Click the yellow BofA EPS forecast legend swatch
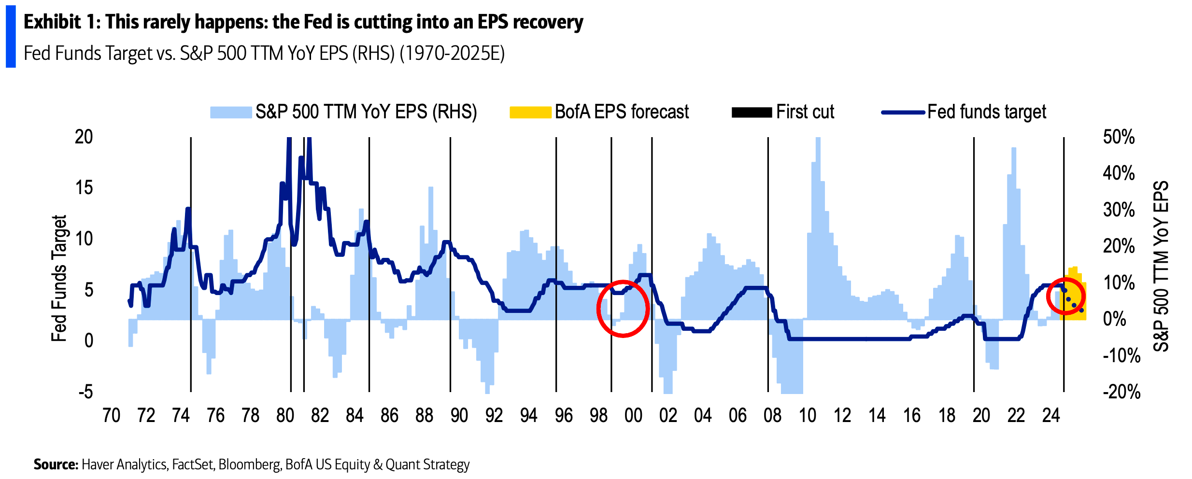[x=530, y=113]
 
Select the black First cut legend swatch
[x=752, y=113]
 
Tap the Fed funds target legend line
[x=902, y=113]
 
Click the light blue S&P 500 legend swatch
[x=231, y=113]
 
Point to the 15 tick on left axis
[x=84, y=188]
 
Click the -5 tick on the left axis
[x=85, y=392]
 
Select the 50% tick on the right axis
[x=1119, y=137]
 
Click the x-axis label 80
[x=285, y=416]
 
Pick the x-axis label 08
[x=772, y=416]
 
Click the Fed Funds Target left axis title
[x=59, y=278]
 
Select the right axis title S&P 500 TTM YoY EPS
[x=1161, y=266]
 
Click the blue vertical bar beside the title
[x=11, y=36]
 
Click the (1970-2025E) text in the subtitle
[x=452, y=54]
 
